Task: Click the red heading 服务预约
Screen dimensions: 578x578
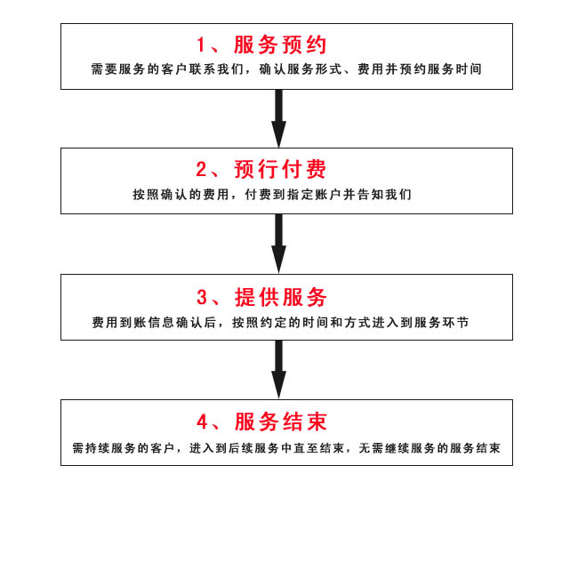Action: click(280, 45)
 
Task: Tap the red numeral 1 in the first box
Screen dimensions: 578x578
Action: click(201, 45)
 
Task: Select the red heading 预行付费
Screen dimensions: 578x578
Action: click(280, 170)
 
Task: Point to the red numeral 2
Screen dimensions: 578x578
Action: click(202, 170)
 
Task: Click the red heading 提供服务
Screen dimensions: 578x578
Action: click(280, 297)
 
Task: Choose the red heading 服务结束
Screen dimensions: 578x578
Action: click(280, 421)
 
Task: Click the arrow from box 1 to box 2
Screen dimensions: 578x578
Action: click(279, 118)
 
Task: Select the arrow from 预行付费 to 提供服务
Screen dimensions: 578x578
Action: click(279, 244)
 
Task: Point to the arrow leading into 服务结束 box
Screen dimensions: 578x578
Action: click(279, 370)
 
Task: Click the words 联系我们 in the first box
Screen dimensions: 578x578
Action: click(216, 69)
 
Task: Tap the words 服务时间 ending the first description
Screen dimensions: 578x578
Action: click(454, 69)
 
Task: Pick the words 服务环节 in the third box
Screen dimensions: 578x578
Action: click(442, 323)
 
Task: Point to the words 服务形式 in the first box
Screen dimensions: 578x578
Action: click(314, 69)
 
